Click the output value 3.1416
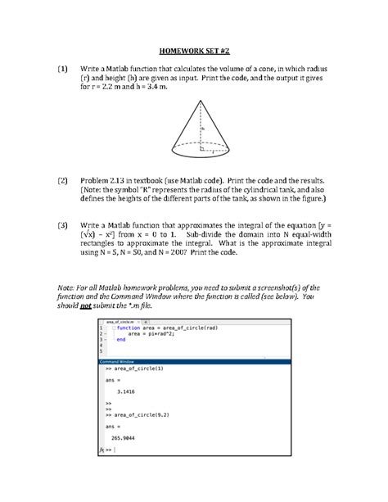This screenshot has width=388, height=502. (x=128, y=391)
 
